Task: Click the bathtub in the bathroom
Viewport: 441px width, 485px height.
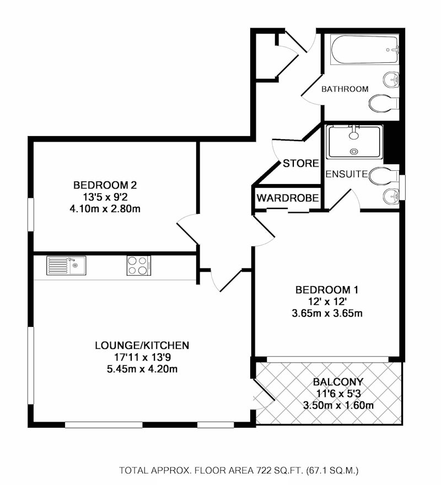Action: (364, 50)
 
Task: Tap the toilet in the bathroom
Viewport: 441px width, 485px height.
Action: (384, 103)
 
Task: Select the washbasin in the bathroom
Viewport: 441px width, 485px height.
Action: (391, 79)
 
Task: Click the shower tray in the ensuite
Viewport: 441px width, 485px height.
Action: (354, 142)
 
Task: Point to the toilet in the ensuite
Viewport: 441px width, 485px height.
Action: (384, 176)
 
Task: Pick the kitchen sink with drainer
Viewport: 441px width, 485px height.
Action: (66, 266)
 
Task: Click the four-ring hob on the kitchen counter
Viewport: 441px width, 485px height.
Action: (139, 266)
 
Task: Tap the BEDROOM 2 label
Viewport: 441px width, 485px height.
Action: (105, 185)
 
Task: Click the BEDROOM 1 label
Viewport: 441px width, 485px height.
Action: (327, 290)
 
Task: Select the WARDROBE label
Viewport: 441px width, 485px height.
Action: (288, 198)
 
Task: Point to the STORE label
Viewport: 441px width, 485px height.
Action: (301, 163)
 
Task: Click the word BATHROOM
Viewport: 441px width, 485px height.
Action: (345, 89)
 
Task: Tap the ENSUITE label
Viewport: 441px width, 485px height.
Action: (347, 174)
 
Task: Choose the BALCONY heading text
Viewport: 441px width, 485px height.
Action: (338, 382)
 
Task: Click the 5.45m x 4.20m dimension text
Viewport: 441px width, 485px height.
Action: (142, 369)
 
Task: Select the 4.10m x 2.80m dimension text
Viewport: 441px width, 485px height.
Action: (105, 209)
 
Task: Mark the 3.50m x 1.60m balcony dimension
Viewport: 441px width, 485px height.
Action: (338, 405)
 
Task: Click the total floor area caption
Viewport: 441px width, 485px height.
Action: (239, 471)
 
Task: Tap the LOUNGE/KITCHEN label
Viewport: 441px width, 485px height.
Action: (142, 346)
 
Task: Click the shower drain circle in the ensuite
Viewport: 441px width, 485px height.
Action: (353, 151)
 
